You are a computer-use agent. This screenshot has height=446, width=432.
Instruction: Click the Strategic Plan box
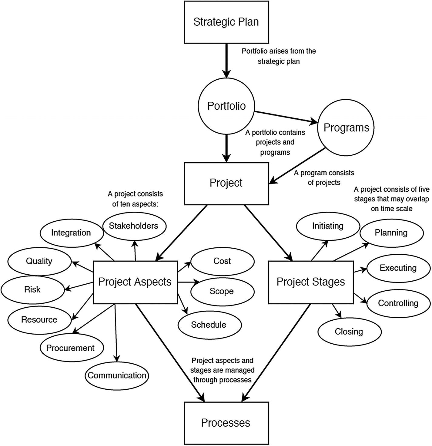pyautogui.click(x=226, y=22)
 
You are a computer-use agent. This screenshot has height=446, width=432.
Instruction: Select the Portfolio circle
pyautogui.click(x=226, y=106)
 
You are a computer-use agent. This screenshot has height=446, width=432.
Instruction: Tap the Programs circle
pyautogui.click(x=346, y=127)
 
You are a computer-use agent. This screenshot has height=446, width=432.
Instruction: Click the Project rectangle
pyautogui.click(x=226, y=183)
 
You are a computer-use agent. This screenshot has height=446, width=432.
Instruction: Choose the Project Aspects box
pyautogui.click(x=135, y=282)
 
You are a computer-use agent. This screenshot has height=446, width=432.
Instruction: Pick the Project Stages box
pyautogui.click(x=311, y=282)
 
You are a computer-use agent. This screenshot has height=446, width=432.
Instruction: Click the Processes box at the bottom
pyautogui.click(x=226, y=423)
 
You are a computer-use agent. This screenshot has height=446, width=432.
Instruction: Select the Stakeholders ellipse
pyautogui.click(x=134, y=226)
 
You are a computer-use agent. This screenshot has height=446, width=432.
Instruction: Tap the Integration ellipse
pyautogui.click(x=71, y=233)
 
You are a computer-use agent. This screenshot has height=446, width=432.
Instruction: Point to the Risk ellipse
pyautogui.click(x=32, y=289)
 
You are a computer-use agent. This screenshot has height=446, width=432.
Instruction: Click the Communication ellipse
pyautogui.click(x=117, y=375)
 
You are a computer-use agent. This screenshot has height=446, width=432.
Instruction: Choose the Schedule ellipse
pyautogui.click(x=209, y=325)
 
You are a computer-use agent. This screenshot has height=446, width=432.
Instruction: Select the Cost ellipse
pyautogui.click(x=222, y=261)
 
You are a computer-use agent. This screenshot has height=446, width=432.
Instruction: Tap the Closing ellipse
pyautogui.click(x=349, y=332)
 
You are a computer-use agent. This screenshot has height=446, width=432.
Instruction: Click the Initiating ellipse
pyautogui.click(x=328, y=226)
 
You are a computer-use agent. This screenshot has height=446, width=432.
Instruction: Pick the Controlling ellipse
pyautogui.click(x=398, y=303)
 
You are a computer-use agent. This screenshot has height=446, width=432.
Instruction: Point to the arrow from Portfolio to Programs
pyautogui.click(x=285, y=117)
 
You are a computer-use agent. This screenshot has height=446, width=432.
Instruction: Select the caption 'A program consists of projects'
pyautogui.click(x=324, y=178)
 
